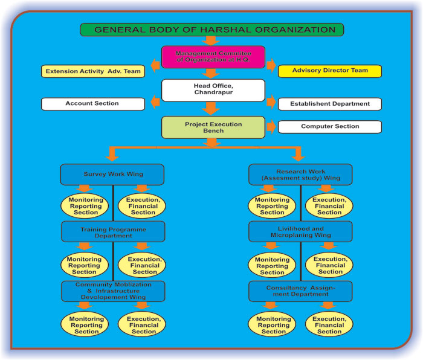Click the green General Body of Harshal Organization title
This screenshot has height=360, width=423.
coord(211,30)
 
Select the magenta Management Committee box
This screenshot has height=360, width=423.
coord(213,57)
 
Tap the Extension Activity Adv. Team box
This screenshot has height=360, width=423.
coord(93,71)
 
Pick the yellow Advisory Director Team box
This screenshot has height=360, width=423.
coord(329,71)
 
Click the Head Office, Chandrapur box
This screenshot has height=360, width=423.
coord(213,90)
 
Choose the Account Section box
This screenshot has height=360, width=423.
coord(93,104)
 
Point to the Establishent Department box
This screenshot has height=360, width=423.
coord(329,104)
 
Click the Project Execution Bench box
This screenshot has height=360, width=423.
coord(213,127)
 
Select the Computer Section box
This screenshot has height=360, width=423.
coord(329,127)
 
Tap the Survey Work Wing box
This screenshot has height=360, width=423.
coord(112,175)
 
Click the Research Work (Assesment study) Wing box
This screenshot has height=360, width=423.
coord(300,175)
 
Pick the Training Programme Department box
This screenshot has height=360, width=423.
coord(112,232)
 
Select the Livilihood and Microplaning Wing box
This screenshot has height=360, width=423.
coord(300,232)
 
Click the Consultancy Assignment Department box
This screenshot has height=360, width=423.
coord(300,291)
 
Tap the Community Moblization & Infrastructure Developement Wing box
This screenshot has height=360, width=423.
coord(112,291)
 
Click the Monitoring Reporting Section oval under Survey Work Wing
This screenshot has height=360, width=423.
coord(85,205)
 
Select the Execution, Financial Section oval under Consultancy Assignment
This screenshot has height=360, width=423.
coord(329,324)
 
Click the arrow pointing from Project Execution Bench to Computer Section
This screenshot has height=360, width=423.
coord(271,127)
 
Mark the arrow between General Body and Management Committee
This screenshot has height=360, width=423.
coord(211,41)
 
